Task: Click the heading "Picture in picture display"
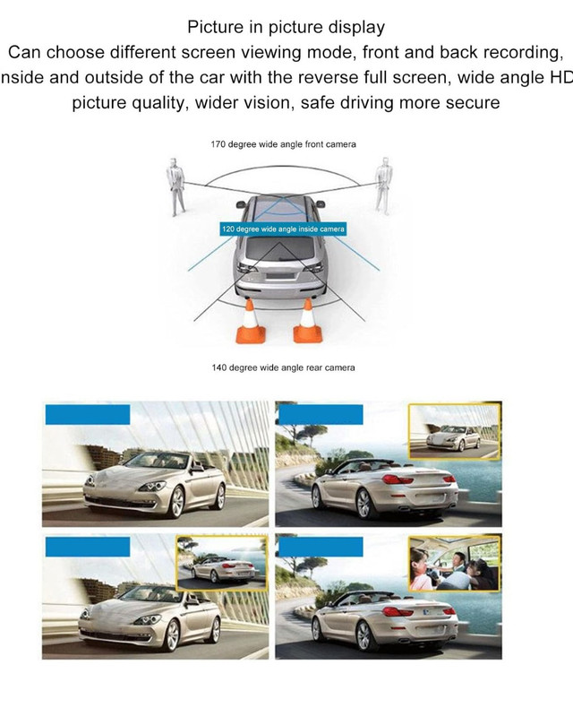pyautogui.click(x=286, y=27)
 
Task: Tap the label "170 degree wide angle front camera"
pyautogui.click(x=283, y=144)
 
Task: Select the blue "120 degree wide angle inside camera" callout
pyautogui.click(x=283, y=229)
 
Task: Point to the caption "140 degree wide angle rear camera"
pyautogui.click(x=283, y=367)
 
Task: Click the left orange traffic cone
pyautogui.click(x=251, y=322)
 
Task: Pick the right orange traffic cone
pyautogui.click(x=307, y=321)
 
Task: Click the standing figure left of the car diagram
pyautogui.click(x=175, y=186)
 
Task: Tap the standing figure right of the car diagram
pyautogui.click(x=384, y=186)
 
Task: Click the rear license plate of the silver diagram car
pyautogui.click(x=279, y=274)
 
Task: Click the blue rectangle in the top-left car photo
pyautogui.click(x=88, y=415)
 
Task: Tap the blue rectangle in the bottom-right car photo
pyautogui.click(x=321, y=547)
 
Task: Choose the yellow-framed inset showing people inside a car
pyautogui.click(x=455, y=564)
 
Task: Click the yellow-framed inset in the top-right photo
pyautogui.click(x=455, y=432)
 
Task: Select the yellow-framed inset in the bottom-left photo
pyautogui.click(x=222, y=564)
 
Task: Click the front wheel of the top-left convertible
pyautogui.click(x=176, y=502)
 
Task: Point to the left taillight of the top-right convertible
pyautogui.click(x=397, y=479)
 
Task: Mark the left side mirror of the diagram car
pyautogui.click(x=241, y=205)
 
